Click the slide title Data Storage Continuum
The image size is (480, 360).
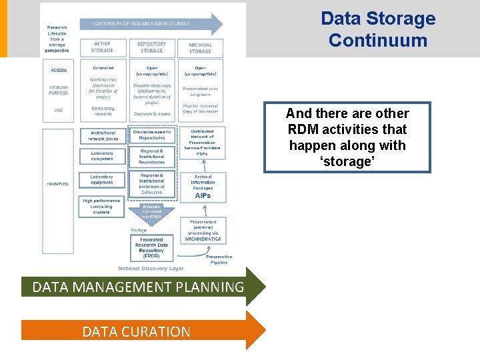tap(377, 29)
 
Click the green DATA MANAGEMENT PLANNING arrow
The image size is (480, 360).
tap(139, 287)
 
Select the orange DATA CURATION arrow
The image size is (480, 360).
tap(137, 331)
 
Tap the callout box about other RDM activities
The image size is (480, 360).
tap(347, 137)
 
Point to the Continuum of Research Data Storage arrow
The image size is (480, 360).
tap(151, 24)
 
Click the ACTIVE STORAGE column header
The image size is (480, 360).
tap(102, 47)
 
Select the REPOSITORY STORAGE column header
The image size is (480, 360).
tap(151, 47)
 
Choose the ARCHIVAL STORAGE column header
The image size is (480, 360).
tap(200, 47)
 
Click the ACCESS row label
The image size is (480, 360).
tap(59, 69)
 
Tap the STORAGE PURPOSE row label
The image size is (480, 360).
tap(59, 91)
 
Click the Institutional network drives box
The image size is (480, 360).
tap(102, 135)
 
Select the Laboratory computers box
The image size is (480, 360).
tap(102, 157)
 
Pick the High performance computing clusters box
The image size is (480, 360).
tap(102, 207)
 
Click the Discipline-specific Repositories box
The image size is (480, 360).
tap(152, 135)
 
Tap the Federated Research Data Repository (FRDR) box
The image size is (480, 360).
tap(152, 248)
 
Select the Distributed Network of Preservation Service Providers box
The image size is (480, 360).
tap(202, 143)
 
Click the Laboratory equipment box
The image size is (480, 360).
tap(102, 180)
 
